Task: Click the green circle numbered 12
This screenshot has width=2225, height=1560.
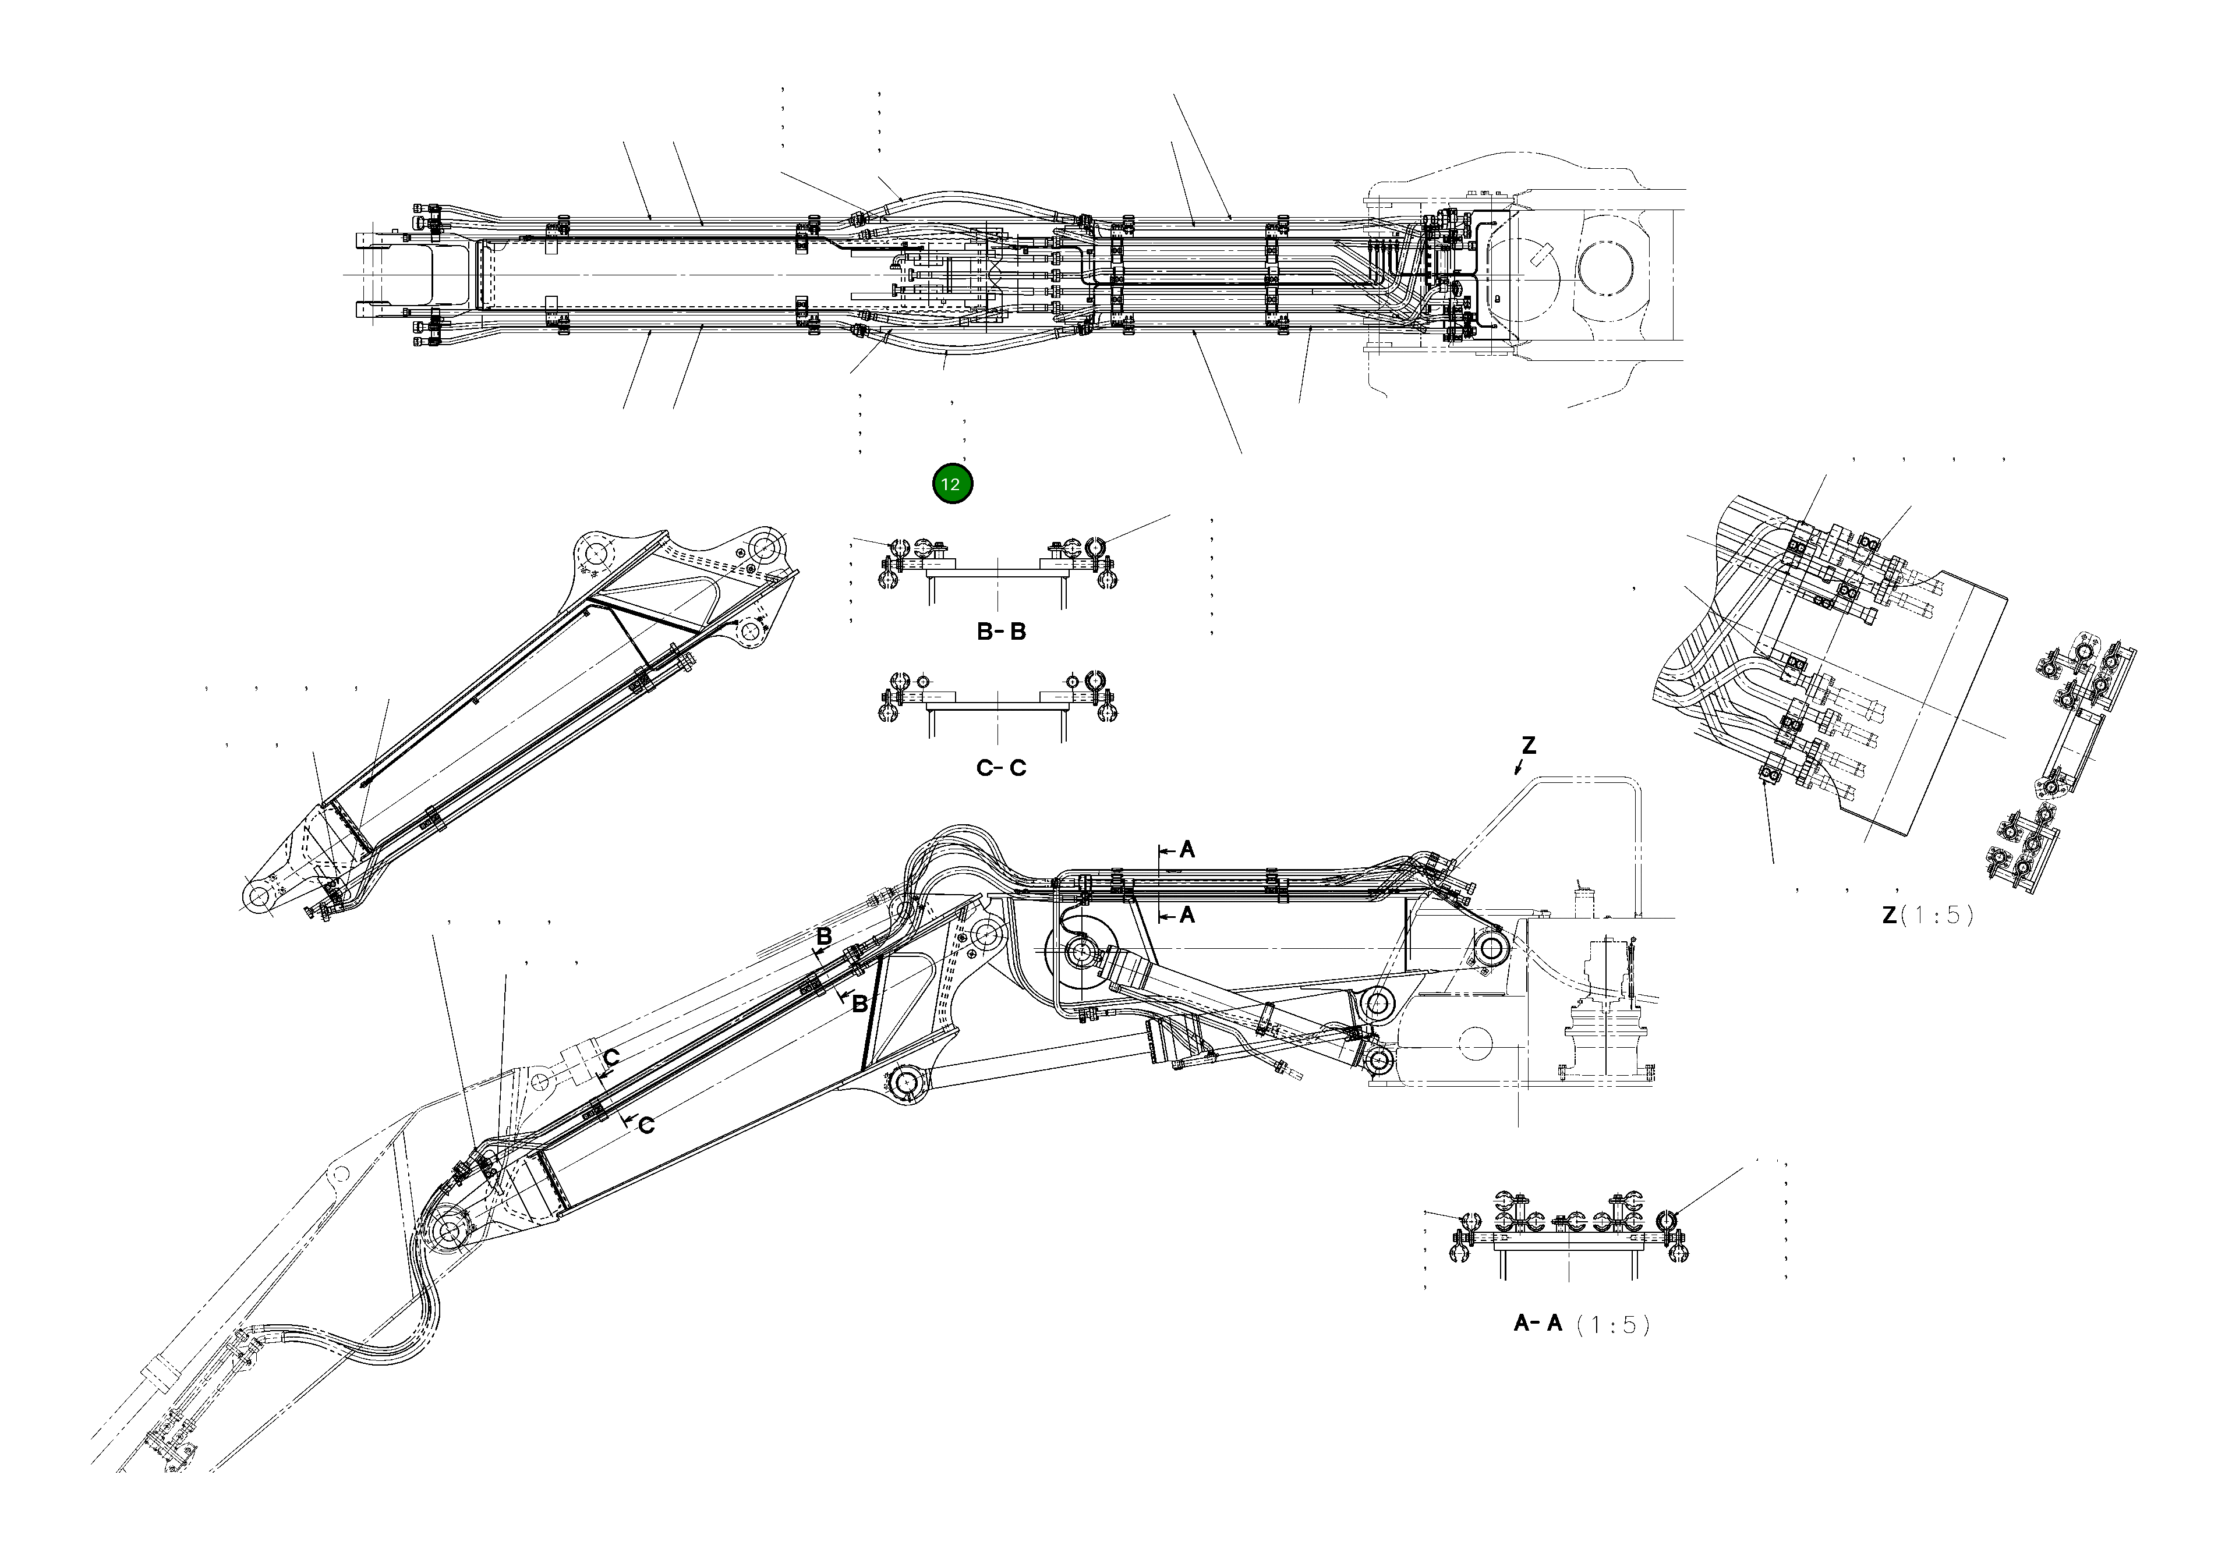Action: [951, 484]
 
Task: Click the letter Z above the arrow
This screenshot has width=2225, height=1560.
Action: [1528, 746]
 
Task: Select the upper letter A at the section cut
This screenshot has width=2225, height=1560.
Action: [1187, 850]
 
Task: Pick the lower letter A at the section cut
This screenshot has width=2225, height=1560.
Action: [1187, 914]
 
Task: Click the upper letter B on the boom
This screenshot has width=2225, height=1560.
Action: [824, 937]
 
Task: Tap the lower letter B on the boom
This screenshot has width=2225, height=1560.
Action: [858, 1005]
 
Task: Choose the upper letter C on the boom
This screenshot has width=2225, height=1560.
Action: [611, 1057]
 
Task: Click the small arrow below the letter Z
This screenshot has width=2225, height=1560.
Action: [1519, 770]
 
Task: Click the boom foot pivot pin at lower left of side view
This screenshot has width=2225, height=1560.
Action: [449, 1232]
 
